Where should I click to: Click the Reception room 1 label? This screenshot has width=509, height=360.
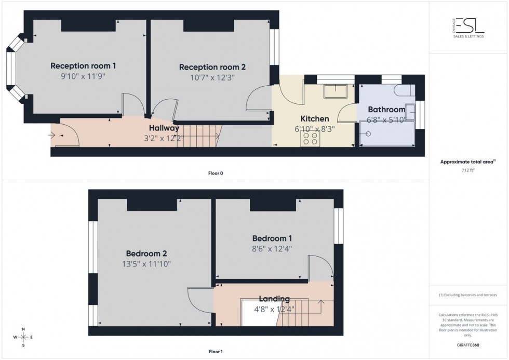tap(83, 66)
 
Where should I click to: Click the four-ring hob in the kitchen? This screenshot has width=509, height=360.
tap(310, 138)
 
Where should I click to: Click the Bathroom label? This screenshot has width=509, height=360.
tap(386, 110)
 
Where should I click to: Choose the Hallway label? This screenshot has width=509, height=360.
tap(164, 128)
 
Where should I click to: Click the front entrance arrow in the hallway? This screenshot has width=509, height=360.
tap(52, 136)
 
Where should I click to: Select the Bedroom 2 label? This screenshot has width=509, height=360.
tap(146, 254)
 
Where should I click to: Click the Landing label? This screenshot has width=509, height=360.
tap(274, 299)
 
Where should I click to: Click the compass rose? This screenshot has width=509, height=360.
tap(23, 337)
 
